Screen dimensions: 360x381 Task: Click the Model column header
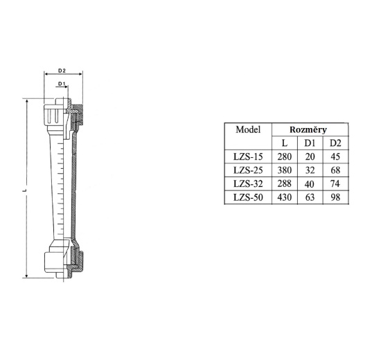247,129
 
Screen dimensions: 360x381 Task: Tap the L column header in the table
284,143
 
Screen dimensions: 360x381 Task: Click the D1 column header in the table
310,143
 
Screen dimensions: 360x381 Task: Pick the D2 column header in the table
335,143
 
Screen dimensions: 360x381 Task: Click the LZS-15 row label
247,157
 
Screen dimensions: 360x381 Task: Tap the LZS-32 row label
247,184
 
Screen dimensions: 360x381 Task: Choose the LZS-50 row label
247,198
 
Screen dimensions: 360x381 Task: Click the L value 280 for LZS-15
284,157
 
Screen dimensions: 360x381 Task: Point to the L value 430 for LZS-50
284,198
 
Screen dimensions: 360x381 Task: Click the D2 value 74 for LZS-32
335,184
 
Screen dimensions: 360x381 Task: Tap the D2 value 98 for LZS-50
335,198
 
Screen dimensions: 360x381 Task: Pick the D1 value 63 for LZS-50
310,198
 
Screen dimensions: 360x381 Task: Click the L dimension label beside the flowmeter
24,188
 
